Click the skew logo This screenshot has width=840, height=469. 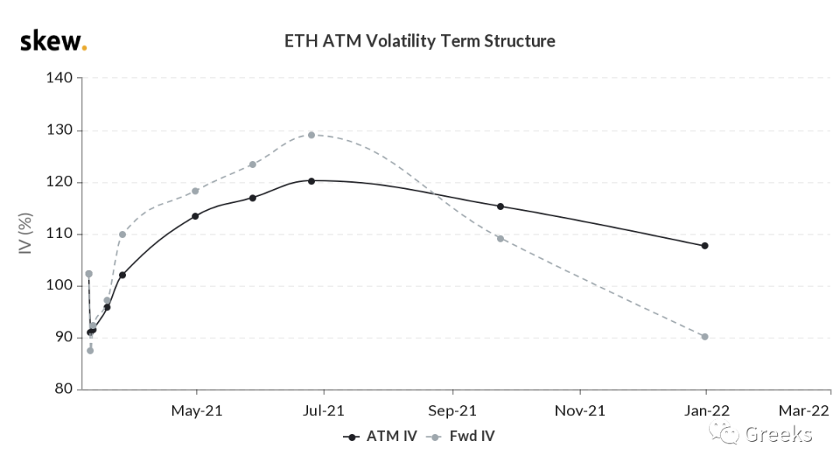pyautogui.click(x=53, y=41)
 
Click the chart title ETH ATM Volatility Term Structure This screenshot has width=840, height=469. pyautogui.click(x=419, y=41)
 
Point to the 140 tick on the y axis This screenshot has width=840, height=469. pyautogui.click(x=59, y=78)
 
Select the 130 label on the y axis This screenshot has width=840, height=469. pyautogui.click(x=59, y=130)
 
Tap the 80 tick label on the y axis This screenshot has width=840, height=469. pyautogui.click(x=63, y=389)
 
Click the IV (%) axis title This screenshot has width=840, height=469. pyautogui.click(x=25, y=233)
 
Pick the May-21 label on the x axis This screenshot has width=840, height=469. pyautogui.click(x=197, y=411)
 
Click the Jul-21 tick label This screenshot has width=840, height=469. pyautogui.click(x=323, y=411)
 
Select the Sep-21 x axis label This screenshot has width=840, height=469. pyautogui.click(x=452, y=411)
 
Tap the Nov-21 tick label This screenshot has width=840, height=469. pyautogui.click(x=579, y=411)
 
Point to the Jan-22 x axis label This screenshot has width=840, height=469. pyautogui.click(x=706, y=411)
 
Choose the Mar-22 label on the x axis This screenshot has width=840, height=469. pyautogui.click(x=803, y=411)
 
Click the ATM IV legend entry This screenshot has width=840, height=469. pyautogui.click(x=380, y=436)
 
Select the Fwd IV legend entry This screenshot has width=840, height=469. pyautogui.click(x=460, y=436)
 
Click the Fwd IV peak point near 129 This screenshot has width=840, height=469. pyautogui.click(x=311, y=135)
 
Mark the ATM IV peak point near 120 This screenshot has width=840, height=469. pyautogui.click(x=311, y=181)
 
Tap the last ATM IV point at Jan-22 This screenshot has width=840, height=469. pyautogui.click(x=705, y=246)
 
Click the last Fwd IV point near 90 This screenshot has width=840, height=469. pyautogui.click(x=705, y=337)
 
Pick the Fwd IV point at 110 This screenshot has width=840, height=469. pyautogui.click(x=122, y=234)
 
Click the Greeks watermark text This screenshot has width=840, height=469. pyautogui.click(x=779, y=434)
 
